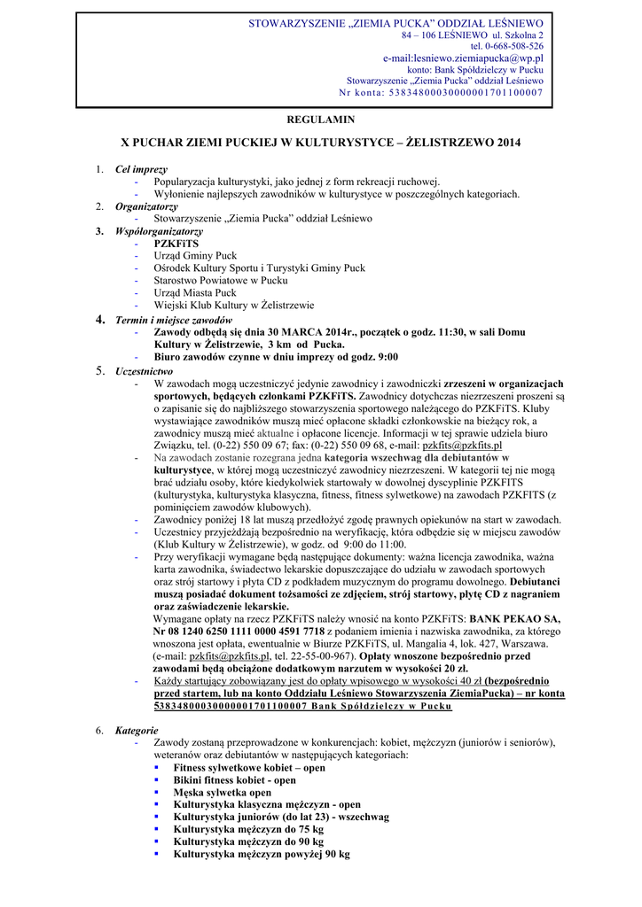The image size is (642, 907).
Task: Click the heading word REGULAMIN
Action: (321, 119)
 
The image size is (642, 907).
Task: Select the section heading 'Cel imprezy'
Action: (141, 169)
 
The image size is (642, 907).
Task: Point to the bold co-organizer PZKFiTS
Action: (176, 243)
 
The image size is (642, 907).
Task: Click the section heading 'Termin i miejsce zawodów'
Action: (174, 319)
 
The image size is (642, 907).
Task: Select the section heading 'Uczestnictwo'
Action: (145, 371)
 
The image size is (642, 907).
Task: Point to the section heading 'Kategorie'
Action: (137, 730)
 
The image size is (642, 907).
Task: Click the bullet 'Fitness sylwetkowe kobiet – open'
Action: (249, 768)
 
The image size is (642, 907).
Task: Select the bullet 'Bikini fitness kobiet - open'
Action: (234, 780)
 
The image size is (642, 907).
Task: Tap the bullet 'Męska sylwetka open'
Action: (222, 793)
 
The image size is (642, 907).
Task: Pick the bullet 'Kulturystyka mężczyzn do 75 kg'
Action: (248, 830)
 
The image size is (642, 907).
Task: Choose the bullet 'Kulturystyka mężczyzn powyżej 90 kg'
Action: (262, 855)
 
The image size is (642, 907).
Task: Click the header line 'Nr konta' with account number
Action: (441, 92)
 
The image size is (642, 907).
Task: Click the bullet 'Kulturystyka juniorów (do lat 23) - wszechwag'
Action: (281, 818)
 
